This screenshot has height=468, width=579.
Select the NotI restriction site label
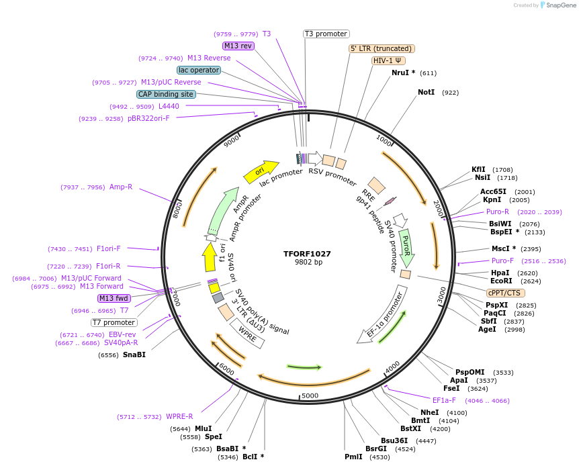[x=427, y=92]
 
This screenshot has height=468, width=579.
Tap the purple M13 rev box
[x=238, y=46]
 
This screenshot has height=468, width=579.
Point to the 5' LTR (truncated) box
[x=382, y=48]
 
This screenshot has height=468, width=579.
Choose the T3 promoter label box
[x=326, y=34]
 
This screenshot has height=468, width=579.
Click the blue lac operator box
[x=199, y=70]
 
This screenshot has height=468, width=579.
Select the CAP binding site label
[x=166, y=94]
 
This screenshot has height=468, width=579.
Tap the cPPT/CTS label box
[x=505, y=293]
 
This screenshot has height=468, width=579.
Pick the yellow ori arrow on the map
[x=261, y=172]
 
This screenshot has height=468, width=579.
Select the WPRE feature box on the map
[x=248, y=333]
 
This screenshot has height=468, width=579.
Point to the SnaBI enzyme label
[x=134, y=355]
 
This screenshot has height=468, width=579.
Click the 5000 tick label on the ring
[x=310, y=395]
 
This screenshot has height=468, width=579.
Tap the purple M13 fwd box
[x=114, y=298]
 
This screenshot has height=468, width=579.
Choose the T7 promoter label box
[x=114, y=322]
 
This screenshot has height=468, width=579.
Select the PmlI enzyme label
[x=353, y=457]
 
